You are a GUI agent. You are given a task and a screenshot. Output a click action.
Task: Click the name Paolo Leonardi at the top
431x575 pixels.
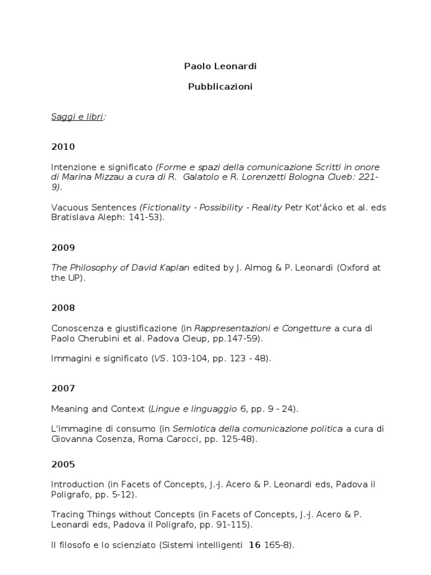tap(212, 66)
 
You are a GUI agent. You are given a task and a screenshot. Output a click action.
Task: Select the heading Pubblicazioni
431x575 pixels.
tap(212, 87)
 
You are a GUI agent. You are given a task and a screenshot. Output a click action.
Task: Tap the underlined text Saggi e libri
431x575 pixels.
tap(77, 117)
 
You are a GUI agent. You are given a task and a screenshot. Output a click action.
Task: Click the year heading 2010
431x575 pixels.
tap(62, 147)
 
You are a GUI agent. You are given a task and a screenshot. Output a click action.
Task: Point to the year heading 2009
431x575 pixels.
tap(62, 248)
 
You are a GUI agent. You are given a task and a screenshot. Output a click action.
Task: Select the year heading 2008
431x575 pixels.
tap(62, 308)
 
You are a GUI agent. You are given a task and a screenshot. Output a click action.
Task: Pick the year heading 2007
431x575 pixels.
tap(62, 388)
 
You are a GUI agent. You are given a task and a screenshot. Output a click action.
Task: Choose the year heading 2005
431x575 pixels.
tap(62, 464)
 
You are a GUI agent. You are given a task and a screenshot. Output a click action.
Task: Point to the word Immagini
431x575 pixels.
tap(71, 358)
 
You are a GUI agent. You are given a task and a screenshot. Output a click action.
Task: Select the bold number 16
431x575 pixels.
tap(255, 545)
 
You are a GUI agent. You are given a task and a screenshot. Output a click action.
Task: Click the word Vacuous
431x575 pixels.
tap(70, 207)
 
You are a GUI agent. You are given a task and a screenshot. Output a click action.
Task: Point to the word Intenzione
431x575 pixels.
tap(72, 167)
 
